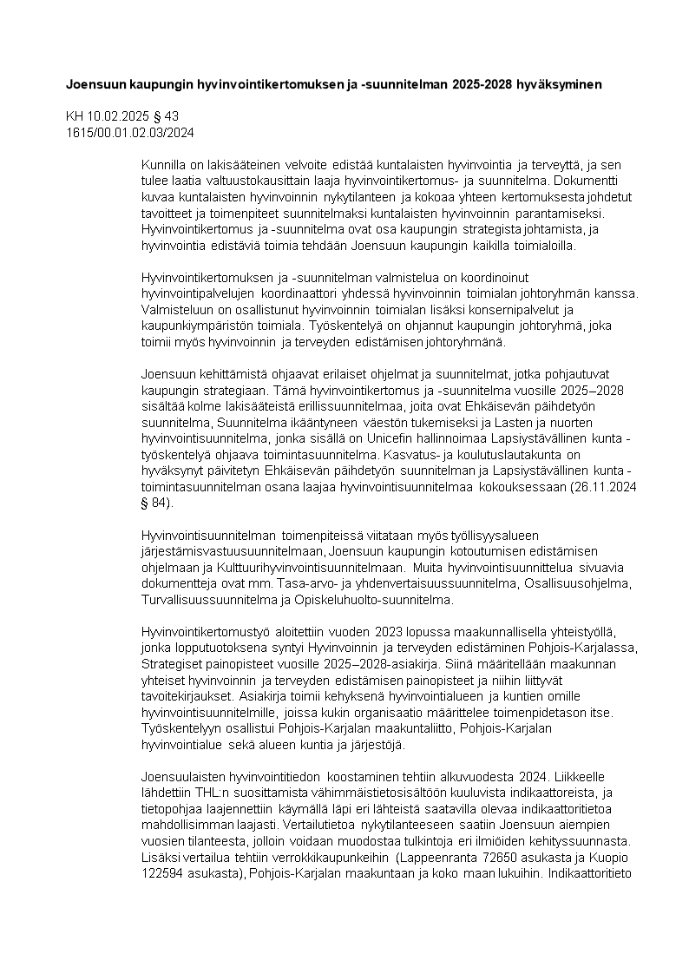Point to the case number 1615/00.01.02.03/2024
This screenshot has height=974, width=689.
coord(130,133)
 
